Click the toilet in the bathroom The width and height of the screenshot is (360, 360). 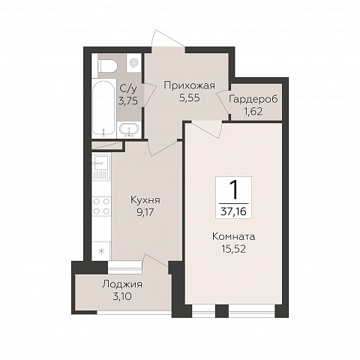[108, 65]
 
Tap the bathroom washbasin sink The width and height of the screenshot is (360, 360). [129, 130]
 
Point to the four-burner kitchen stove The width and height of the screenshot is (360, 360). [101, 206]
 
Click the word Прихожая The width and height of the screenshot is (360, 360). [190, 86]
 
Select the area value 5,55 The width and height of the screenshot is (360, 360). [190, 97]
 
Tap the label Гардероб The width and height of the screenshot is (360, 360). [253, 99]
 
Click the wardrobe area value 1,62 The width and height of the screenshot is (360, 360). [253, 111]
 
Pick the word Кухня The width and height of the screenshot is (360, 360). [145, 200]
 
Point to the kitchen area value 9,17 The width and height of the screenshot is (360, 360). [145, 212]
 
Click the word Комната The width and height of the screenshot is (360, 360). [233, 236]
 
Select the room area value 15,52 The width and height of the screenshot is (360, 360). [233, 249]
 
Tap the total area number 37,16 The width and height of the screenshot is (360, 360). [233, 211]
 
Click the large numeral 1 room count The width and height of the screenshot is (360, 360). [234, 190]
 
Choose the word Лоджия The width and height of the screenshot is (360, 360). [122, 284]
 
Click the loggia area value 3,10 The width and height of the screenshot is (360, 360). [122, 297]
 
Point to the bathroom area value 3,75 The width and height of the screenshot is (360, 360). [128, 101]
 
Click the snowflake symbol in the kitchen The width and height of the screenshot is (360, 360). [101, 251]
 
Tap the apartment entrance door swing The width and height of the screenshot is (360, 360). [167, 39]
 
